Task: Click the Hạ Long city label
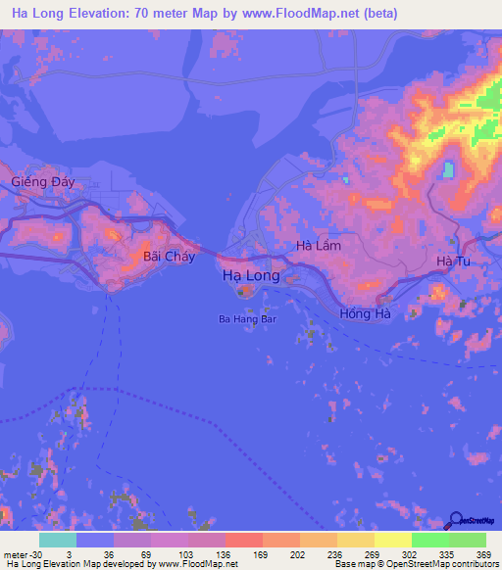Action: [x=251, y=276]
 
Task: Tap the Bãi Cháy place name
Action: [x=169, y=257]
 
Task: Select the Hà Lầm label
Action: [x=319, y=246]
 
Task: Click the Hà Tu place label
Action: [x=453, y=261]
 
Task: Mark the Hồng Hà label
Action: [x=365, y=313]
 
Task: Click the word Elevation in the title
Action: [x=108, y=13]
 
